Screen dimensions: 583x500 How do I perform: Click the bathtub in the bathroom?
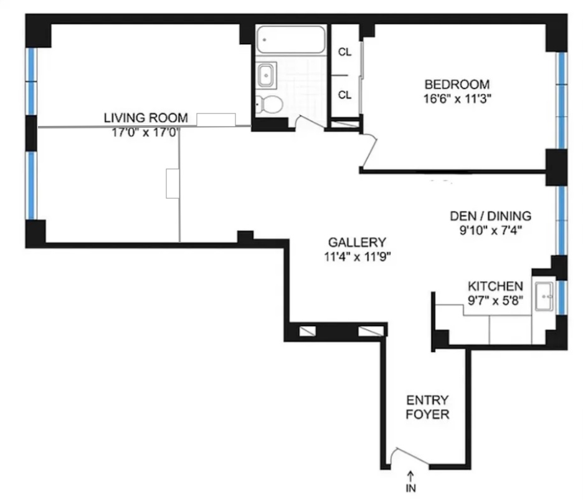tap(291, 39)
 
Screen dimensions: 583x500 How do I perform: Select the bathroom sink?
tap(267, 75)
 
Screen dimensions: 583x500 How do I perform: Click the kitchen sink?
tap(544, 296)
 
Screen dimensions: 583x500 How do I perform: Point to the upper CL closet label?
tap(344, 52)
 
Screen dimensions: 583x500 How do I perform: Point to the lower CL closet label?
tap(344, 95)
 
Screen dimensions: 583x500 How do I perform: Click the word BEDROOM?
tap(457, 84)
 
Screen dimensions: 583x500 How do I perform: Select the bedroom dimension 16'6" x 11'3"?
tap(457, 99)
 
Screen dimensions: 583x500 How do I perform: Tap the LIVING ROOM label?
tap(146, 118)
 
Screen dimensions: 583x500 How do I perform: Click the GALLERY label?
tap(357, 243)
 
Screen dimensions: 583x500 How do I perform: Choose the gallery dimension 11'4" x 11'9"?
tap(358, 257)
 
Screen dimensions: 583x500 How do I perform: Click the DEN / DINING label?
tap(490, 216)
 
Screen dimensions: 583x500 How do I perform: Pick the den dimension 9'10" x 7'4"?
tap(491, 231)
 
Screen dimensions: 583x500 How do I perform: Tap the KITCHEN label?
tap(495, 286)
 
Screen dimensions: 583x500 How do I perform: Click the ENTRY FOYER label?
tap(427, 407)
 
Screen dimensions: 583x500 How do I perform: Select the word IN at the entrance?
tap(411, 488)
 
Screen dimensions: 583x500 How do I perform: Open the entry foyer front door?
tap(409, 456)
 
